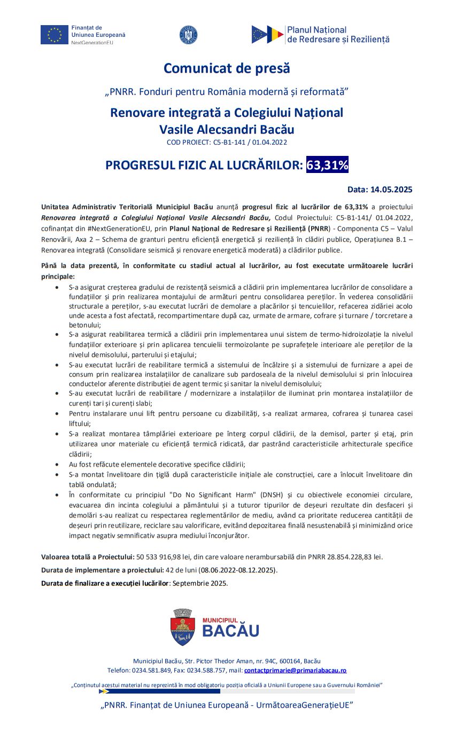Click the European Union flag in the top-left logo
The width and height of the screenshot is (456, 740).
click(x=54, y=35)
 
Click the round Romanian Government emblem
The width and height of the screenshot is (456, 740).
click(x=189, y=35)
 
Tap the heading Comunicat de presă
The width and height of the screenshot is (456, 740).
click(x=227, y=68)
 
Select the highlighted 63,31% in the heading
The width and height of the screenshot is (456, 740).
click(x=327, y=165)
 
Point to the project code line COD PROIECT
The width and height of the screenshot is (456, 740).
click(x=227, y=142)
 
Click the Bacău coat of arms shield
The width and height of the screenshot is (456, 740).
click(x=183, y=627)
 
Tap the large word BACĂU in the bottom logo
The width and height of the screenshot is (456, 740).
click(x=230, y=631)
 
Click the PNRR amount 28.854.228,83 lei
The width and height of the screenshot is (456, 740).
click(x=348, y=557)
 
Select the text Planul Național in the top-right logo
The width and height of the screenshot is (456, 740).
click(x=316, y=30)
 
